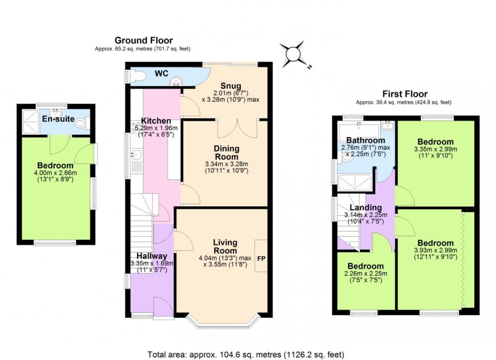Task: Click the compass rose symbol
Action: coord(294,54)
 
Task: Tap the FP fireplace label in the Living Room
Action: coord(261,258)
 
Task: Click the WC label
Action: coord(161,74)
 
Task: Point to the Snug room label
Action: coord(230,85)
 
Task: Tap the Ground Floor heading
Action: coord(143,40)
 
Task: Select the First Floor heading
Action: coord(405,94)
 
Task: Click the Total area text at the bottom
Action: coord(247,354)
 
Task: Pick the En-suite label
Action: coord(59,119)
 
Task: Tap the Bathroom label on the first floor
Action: coord(366,140)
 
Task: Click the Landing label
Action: coord(366,207)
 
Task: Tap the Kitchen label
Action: coord(156,121)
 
